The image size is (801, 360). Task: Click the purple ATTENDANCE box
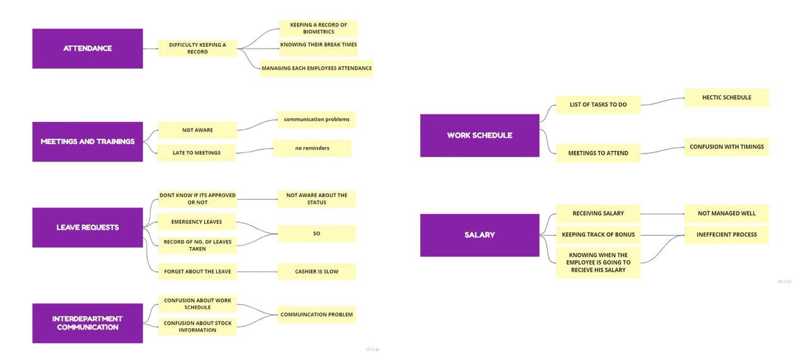(x=87, y=49)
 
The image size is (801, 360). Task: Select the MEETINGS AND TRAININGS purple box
(x=87, y=141)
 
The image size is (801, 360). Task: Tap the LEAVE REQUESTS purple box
(x=87, y=227)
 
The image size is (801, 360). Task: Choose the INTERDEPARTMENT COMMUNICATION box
(x=87, y=323)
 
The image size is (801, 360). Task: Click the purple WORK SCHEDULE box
(x=479, y=135)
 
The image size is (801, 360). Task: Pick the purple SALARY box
(x=479, y=235)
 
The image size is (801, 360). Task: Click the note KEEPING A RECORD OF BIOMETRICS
(x=318, y=28)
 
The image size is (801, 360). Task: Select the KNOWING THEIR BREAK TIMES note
(x=318, y=45)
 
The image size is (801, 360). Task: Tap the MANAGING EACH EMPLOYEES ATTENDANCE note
(x=316, y=68)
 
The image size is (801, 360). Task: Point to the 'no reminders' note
(x=312, y=148)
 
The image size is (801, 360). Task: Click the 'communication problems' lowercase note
(x=316, y=119)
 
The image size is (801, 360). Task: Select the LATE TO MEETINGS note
(x=196, y=153)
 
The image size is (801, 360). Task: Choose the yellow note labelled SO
(x=316, y=234)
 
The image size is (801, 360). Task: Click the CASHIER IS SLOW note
(x=316, y=272)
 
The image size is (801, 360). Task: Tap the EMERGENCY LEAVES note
(x=196, y=222)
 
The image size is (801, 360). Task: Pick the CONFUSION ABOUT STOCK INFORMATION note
(x=197, y=327)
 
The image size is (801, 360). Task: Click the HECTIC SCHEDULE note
(x=726, y=98)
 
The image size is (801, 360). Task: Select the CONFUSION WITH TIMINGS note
(x=726, y=147)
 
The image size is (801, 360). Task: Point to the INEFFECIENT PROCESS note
(x=726, y=235)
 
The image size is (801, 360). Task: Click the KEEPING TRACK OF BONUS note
(x=598, y=235)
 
